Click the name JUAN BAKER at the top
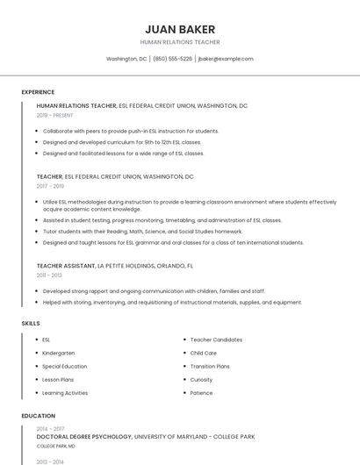(179, 29)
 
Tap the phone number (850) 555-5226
(172, 59)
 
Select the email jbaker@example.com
(226, 59)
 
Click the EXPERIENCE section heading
(38, 92)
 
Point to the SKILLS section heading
(31, 324)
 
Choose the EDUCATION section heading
(39, 416)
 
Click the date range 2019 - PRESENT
(55, 115)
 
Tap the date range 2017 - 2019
(50, 186)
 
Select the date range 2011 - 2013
(49, 275)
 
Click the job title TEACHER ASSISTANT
(66, 265)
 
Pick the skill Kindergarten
(60, 353)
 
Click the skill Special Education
(65, 366)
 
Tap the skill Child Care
(204, 353)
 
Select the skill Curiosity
(202, 380)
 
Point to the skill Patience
(201, 393)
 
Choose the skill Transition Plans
(210, 366)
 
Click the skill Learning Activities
(65, 393)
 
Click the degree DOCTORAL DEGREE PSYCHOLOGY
(84, 436)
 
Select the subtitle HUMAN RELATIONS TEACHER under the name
(179, 42)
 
